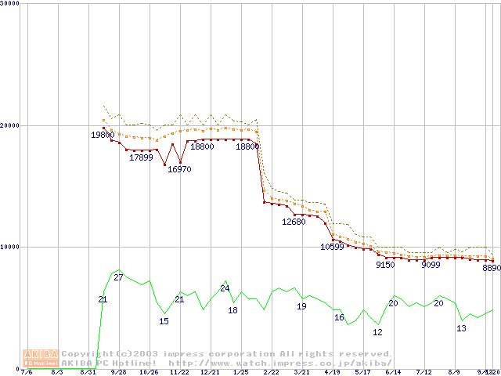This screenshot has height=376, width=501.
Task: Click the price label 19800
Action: [x=103, y=136]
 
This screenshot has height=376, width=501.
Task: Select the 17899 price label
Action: [x=141, y=157]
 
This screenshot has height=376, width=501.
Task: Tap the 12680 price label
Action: [x=294, y=222]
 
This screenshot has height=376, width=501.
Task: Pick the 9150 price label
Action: [x=385, y=265]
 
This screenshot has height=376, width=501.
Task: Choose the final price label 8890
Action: [x=492, y=268]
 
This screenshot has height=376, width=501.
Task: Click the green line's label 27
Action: [x=119, y=277]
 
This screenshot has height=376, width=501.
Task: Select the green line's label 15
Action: [x=164, y=321]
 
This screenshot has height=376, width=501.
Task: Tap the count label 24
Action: [x=225, y=288]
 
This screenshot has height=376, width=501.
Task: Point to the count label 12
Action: [x=377, y=332]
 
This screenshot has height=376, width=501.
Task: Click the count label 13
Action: [x=461, y=328]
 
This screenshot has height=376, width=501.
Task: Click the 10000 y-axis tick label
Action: [x=10, y=246]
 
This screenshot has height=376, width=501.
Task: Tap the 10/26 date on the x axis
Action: [x=149, y=373]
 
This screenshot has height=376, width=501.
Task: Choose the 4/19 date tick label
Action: [x=332, y=373]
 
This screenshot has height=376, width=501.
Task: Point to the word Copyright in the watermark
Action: [x=87, y=354]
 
